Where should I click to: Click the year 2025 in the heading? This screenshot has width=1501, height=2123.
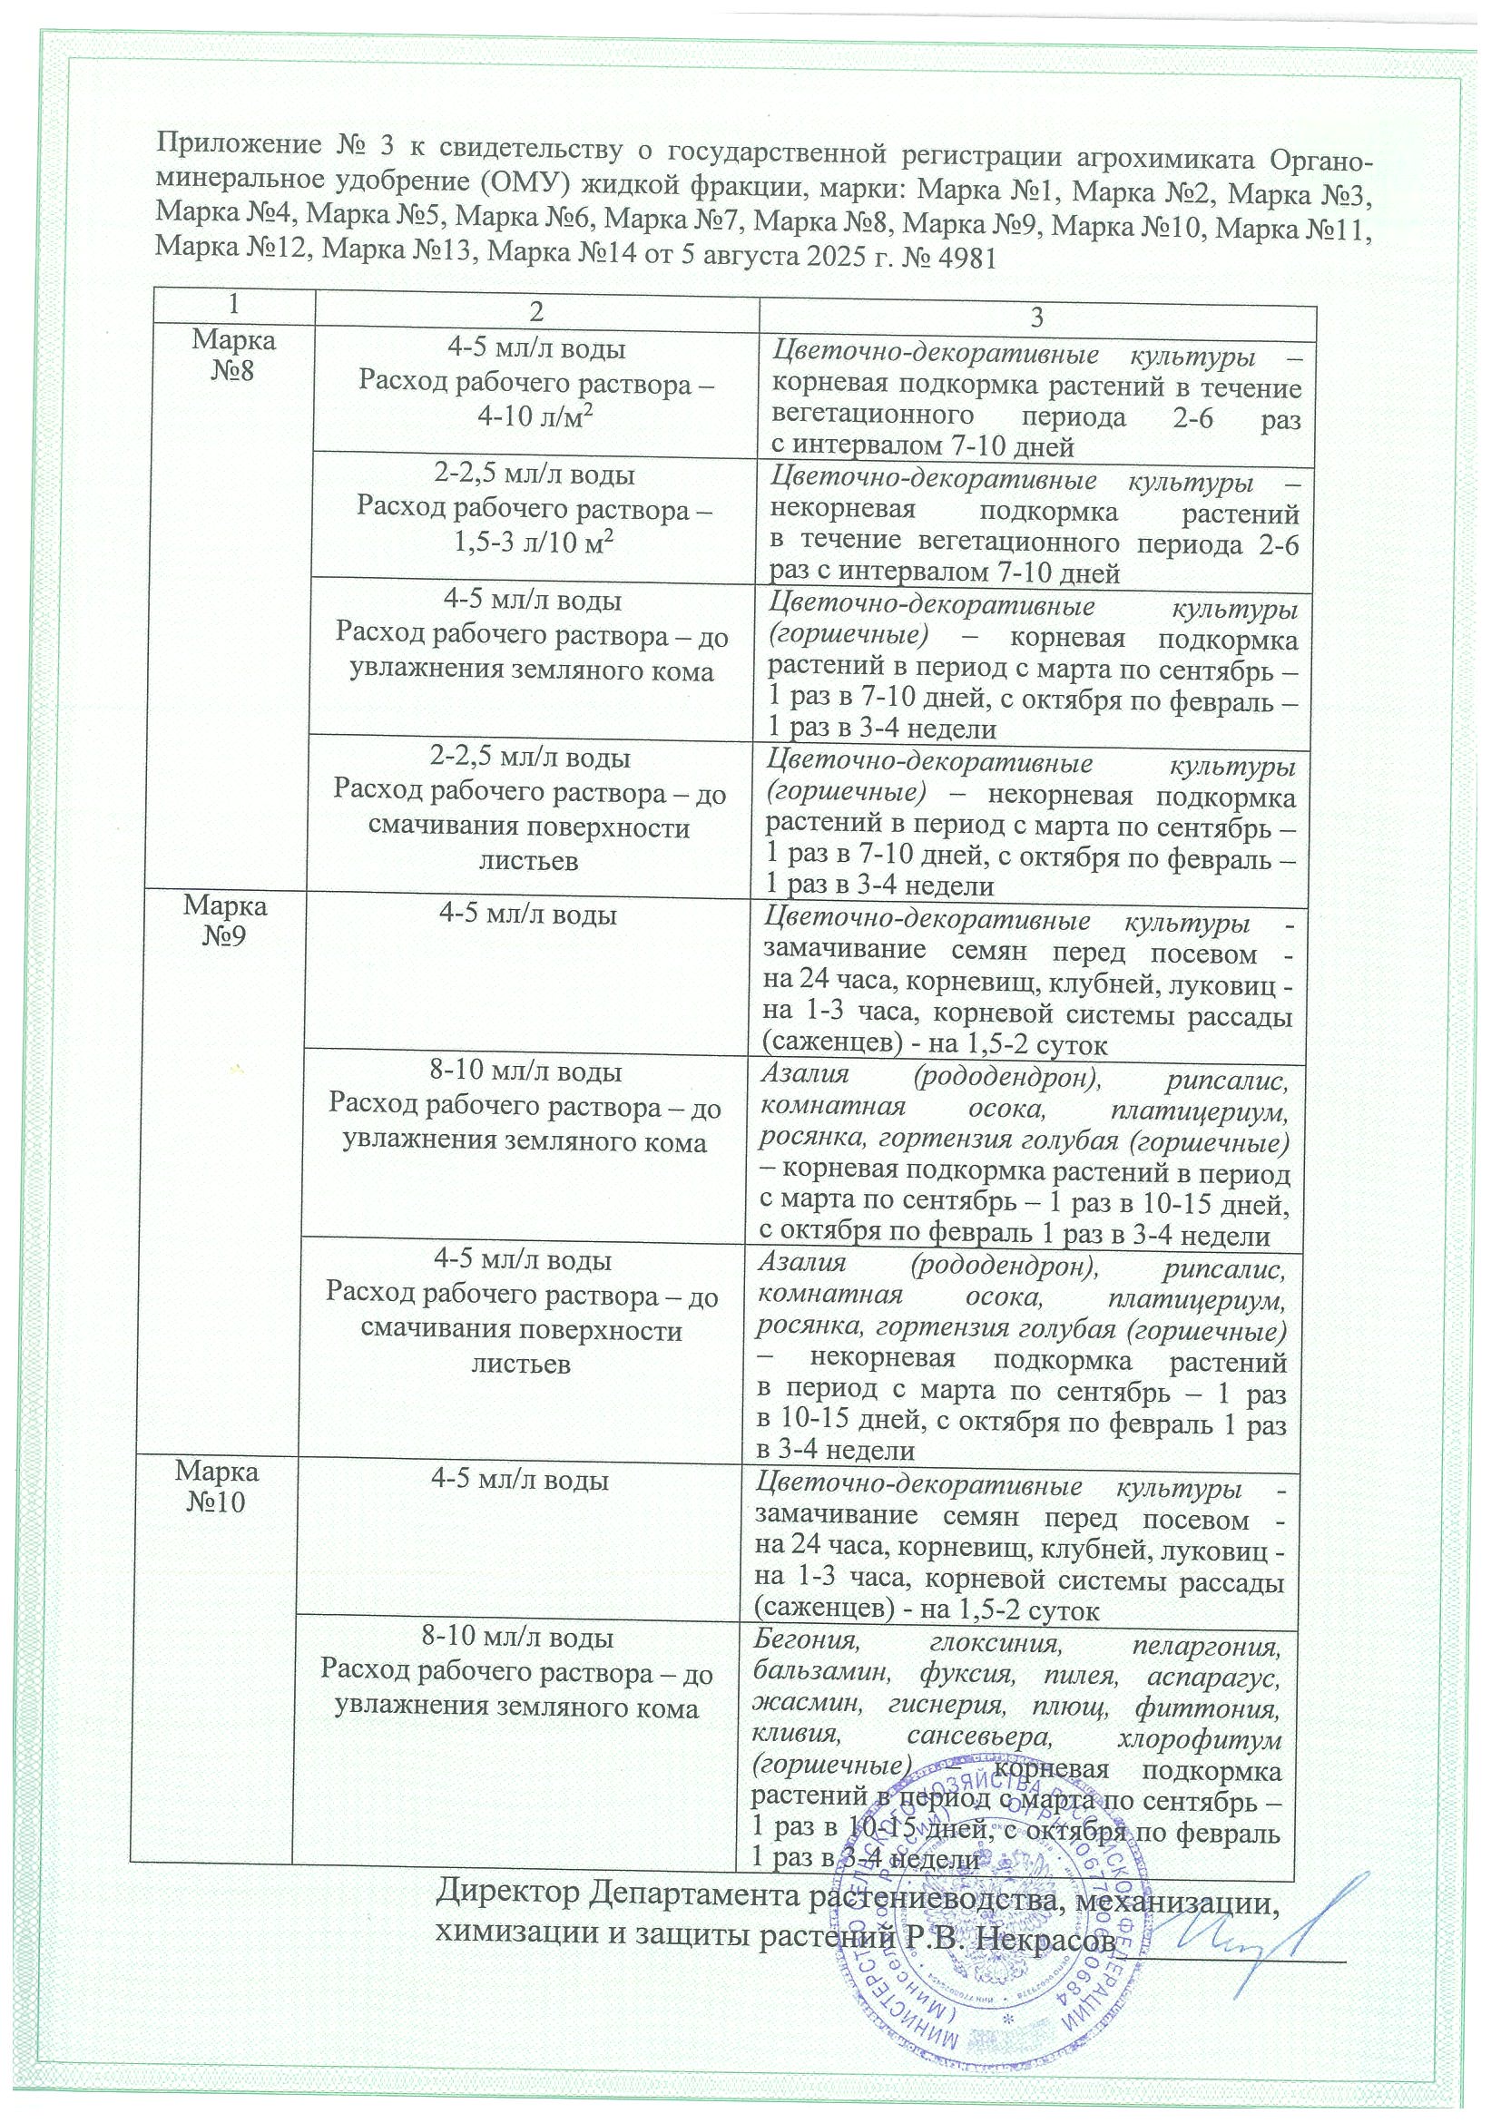coord(821,255)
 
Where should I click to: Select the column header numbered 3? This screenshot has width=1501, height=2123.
coord(1037,318)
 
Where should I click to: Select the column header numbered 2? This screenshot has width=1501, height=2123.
coord(536,318)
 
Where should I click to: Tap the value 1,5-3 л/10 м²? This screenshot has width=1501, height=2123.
coord(535,543)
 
